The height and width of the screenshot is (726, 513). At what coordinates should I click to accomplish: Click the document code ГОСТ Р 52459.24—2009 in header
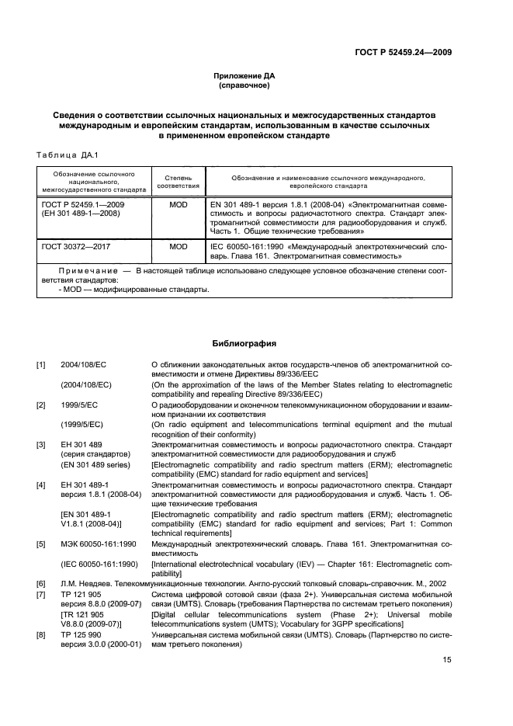[399, 52]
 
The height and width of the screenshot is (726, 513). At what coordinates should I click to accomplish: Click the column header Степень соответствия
[179, 181]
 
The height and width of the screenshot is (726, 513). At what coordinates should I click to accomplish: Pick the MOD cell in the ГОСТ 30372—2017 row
[179, 246]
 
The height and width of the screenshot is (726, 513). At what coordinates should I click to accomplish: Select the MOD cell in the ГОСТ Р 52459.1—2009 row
[179, 204]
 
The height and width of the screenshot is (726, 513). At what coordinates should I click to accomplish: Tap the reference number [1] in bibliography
[41, 364]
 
